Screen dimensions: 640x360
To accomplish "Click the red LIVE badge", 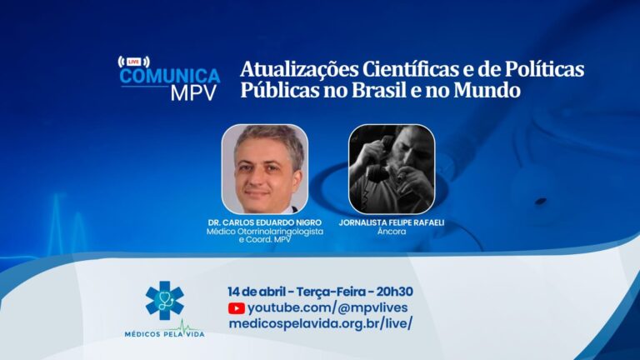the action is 133,62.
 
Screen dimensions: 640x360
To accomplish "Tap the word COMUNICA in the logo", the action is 170,76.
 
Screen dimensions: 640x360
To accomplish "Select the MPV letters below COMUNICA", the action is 194,93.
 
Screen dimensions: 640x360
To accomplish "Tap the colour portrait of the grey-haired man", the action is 264,169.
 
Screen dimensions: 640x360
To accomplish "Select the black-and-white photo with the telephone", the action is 392,169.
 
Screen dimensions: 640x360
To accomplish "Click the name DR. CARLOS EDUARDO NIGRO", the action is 264,222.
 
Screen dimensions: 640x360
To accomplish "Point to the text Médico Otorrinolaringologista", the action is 264,232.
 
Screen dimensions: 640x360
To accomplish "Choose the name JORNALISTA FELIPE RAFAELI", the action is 392,222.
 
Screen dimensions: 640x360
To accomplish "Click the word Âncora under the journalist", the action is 392,232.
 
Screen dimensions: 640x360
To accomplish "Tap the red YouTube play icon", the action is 237,308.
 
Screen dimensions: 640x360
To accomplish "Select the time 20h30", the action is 394,292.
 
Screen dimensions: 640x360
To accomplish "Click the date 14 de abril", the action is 257,292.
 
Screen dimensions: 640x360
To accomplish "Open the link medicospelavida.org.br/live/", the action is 320,323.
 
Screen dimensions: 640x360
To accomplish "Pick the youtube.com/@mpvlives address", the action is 327,307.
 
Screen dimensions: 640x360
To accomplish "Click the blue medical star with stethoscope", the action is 164,300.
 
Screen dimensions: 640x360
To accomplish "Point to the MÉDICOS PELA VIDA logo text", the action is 164,334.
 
